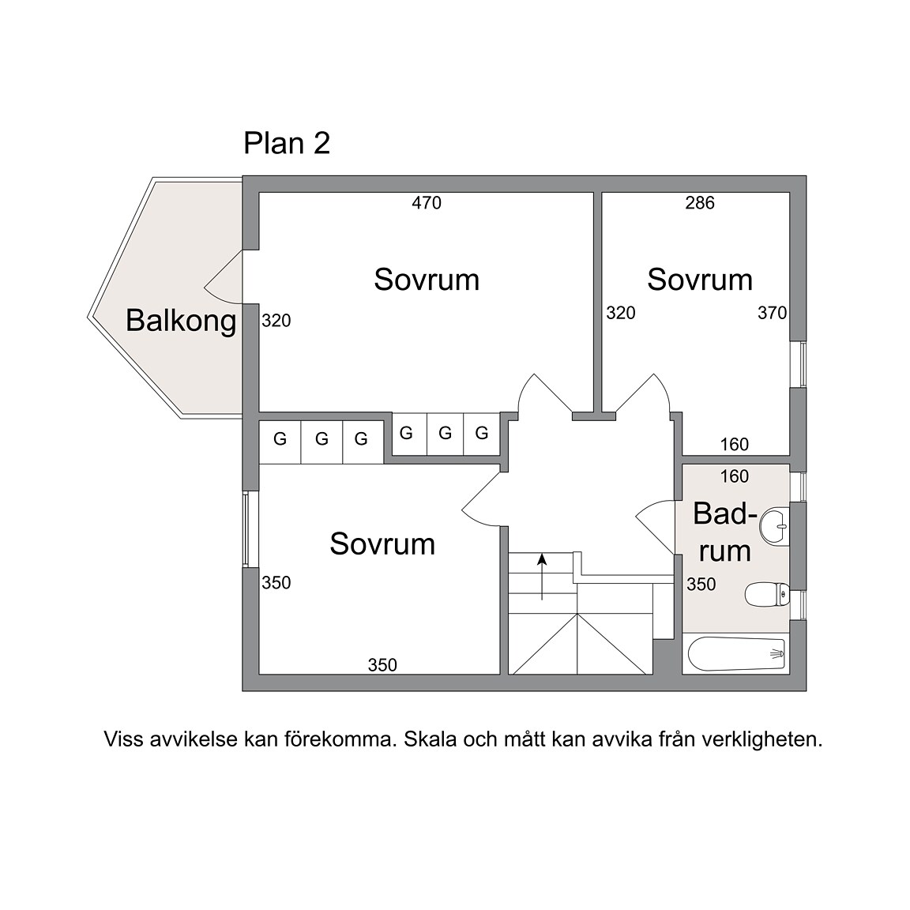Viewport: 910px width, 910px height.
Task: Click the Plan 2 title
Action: [x=287, y=143]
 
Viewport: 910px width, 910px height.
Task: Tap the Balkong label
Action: [x=181, y=321]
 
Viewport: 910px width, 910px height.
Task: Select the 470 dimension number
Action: [x=427, y=202]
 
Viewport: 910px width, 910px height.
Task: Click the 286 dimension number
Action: [x=700, y=202]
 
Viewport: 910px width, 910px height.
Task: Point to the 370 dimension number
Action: [x=773, y=313]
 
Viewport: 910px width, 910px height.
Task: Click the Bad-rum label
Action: [x=725, y=532]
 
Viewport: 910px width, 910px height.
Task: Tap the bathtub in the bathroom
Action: [x=736, y=654]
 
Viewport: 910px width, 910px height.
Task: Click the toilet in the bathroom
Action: [x=767, y=594]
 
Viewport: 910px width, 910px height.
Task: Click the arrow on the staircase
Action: [x=542, y=577]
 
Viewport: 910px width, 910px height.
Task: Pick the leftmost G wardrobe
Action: [x=280, y=438]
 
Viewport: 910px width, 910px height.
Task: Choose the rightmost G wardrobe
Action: [x=482, y=433]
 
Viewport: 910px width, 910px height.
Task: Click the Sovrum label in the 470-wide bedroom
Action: [x=427, y=280]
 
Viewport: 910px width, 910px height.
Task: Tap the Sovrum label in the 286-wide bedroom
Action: [x=700, y=280]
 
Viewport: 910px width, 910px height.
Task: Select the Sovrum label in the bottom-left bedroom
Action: [x=382, y=544]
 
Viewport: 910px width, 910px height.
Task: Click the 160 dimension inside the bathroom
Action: [x=735, y=476]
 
